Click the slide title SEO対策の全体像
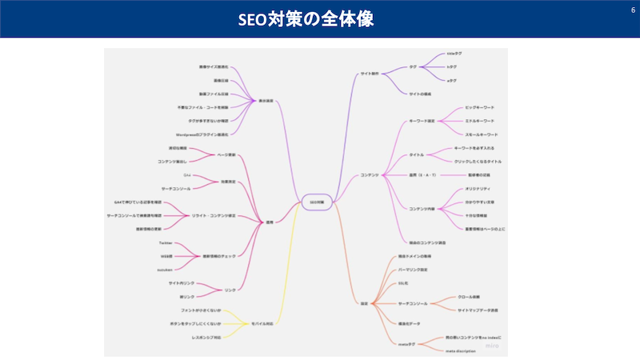point(320,18)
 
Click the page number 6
point(622,10)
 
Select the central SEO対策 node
point(316,202)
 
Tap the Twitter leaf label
point(166,242)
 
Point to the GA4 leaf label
point(187,175)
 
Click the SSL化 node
point(403,284)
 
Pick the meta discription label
point(461,350)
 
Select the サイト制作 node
point(370,74)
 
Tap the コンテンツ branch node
point(369,175)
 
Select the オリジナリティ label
point(478,189)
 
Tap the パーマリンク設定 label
point(412,270)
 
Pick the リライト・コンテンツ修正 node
point(213,215)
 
